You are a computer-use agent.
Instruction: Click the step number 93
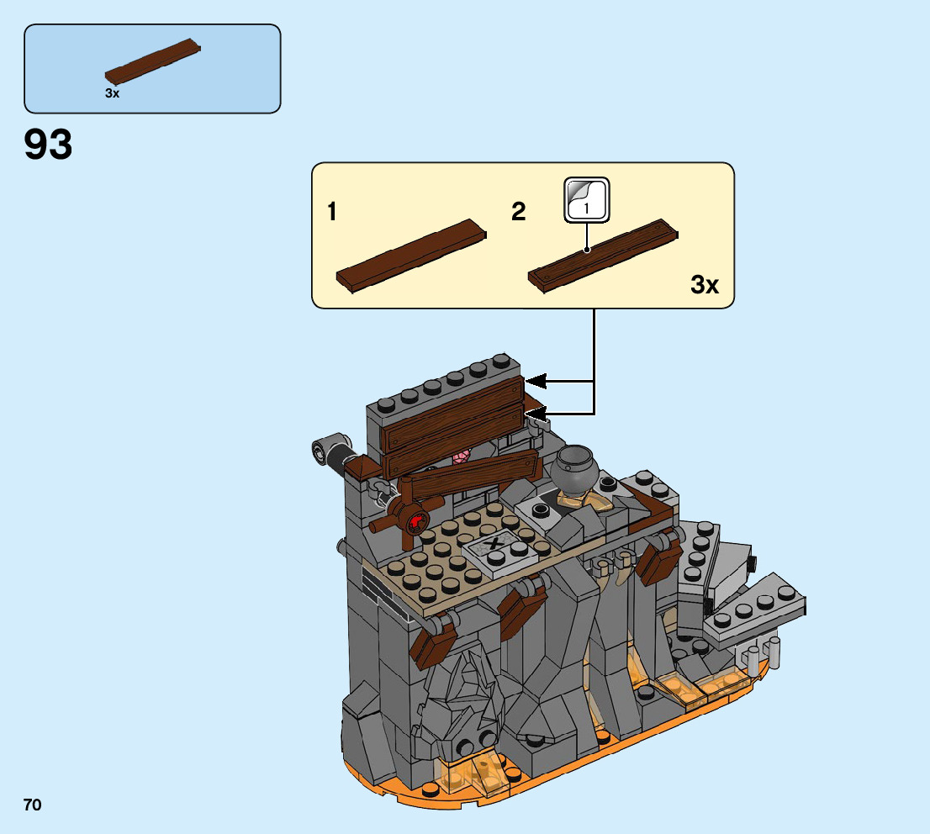(x=49, y=145)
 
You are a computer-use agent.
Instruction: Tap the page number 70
(x=32, y=805)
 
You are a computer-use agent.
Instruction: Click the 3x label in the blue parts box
(x=112, y=93)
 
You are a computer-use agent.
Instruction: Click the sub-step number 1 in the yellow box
(x=332, y=212)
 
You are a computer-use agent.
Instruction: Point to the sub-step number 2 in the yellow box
(x=518, y=212)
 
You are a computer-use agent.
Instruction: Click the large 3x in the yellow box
(x=705, y=285)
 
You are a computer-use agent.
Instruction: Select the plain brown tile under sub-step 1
(x=411, y=255)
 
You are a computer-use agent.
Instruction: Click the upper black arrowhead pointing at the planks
(x=536, y=383)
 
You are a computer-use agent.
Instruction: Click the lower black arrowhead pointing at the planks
(x=536, y=413)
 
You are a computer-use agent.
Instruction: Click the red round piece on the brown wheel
(x=415, y=522)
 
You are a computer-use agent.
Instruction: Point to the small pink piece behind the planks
(x=461, y=457)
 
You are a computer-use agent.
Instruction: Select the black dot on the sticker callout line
(x=586, y=250)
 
